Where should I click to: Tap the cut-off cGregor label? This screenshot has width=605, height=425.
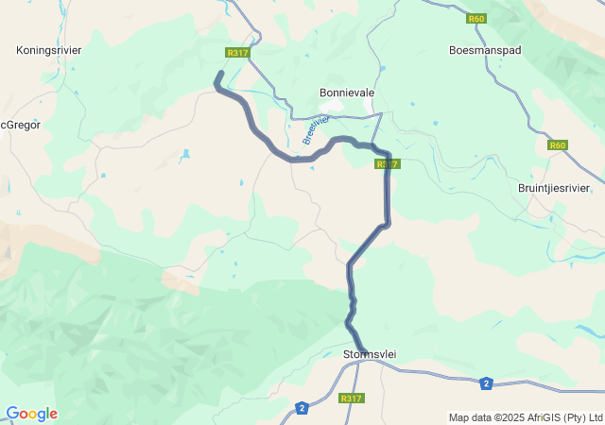[20, 124]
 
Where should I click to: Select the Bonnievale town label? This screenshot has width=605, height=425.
[347, 93]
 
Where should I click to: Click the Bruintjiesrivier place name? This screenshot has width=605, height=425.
[554, 188]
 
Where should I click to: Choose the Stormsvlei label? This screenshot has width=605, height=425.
[369, 354]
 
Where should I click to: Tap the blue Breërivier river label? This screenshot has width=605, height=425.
[315, 130]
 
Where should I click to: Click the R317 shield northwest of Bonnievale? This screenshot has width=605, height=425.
[237, 53]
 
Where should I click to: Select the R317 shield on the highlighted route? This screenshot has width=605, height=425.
[388, 164]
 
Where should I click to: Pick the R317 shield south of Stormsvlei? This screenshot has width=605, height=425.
[351, 399]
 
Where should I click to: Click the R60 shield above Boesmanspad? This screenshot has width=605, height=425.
[475, 18]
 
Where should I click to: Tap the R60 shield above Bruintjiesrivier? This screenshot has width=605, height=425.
[558, 145]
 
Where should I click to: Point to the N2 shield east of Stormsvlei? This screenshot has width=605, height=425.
[486, 382]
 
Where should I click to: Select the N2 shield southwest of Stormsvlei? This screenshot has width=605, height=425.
[302, 408]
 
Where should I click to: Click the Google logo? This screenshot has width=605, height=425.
[31, 414]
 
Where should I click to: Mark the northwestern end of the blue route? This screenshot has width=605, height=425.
[220, 74]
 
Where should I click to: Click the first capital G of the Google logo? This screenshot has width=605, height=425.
[12, 414]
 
